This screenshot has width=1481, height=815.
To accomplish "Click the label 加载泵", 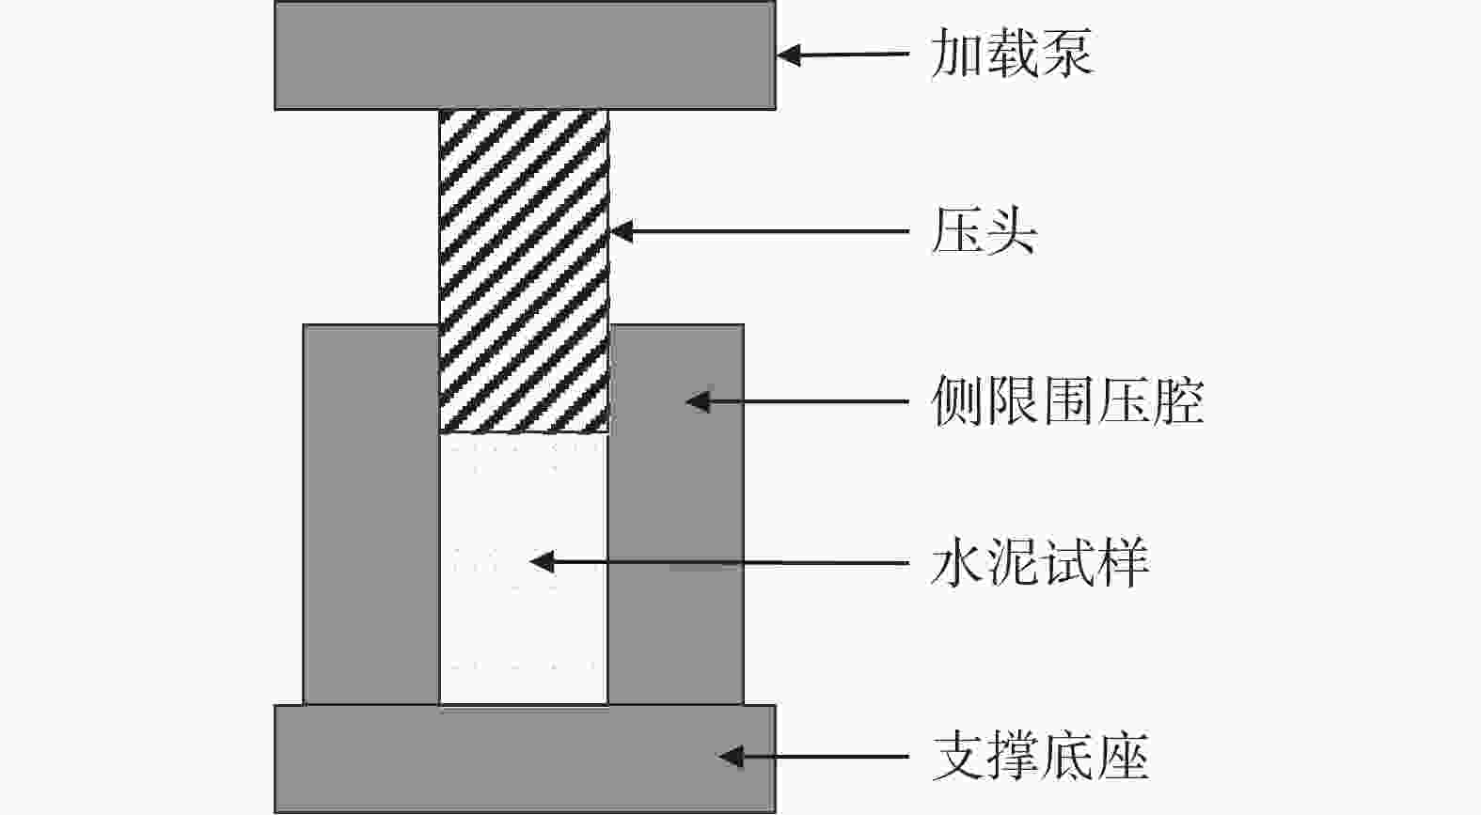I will point(1011,53).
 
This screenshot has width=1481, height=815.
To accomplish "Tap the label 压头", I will point(984,231).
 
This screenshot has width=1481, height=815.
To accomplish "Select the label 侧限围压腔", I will point(1067,401).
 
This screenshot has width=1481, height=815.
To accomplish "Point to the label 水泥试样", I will point(1039,563).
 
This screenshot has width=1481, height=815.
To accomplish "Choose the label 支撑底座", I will point(1040,757).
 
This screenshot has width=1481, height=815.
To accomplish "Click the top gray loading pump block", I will point(525,55).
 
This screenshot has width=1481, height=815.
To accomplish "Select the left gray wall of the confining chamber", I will point(370,514).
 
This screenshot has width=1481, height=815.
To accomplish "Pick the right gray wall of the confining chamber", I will point(675,514).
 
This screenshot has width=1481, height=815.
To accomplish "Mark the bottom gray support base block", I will point(525,759).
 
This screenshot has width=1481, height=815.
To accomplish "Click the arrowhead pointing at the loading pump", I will point(788,55).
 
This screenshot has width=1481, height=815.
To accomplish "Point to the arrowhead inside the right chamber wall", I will point(696,401).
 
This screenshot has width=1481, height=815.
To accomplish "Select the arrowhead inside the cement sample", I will point(541,562).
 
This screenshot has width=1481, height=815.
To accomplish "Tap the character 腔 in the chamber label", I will point(1178,401).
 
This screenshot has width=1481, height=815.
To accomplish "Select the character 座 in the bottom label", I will point(1123,757).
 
